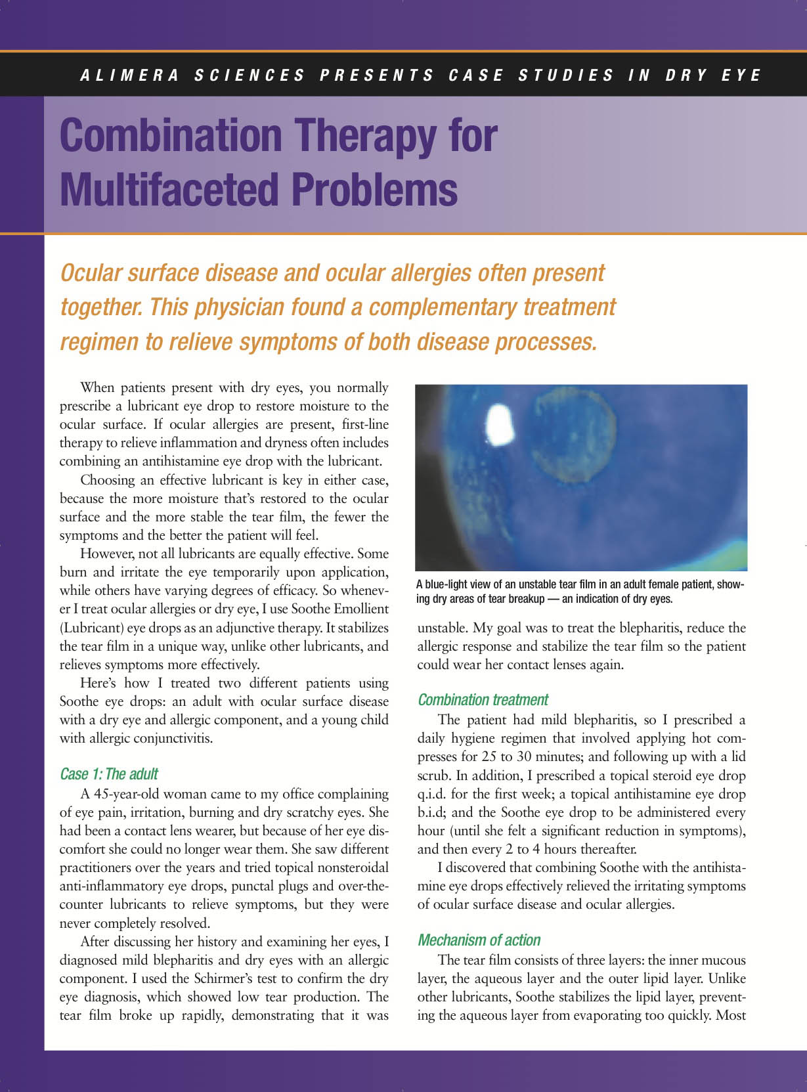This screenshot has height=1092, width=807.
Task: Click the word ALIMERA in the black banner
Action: pyautogui.click(x=129, y=76)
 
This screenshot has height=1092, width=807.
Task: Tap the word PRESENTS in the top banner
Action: pyautogui.click(x=377, y=76)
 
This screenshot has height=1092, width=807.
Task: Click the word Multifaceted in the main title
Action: pyautogui.click(x=169, y=189)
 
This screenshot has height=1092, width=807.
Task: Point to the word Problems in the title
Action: pyautogui.click(x=374, y=189)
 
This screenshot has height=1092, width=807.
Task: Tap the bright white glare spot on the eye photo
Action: pyautogui.click(x=500, y=422)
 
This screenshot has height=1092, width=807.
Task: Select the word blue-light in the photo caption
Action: pyautogui.click(x=452, y=584)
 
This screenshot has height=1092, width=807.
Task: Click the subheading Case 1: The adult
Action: pyautogui.click(x=109, y=774)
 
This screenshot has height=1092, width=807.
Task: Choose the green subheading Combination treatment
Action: pyautogui.click(x=483, y=699)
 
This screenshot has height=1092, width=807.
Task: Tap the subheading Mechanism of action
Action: pyautogui.click(x=479, y=940)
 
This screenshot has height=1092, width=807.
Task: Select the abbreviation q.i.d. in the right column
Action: pyautogui.click(x=435, y=794)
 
